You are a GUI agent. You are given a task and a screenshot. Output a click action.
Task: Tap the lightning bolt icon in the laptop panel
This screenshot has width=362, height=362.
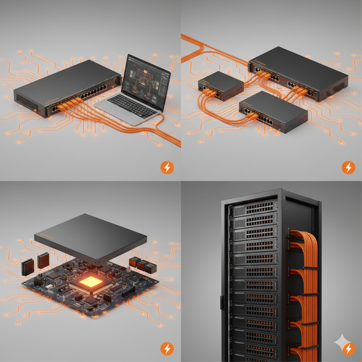click(x=167, y=167)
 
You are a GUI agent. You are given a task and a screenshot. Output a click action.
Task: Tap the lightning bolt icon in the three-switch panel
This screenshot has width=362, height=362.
click(x=348, y=167)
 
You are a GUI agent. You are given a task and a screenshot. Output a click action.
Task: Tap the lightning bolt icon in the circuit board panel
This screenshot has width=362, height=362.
click(x=167, y=349)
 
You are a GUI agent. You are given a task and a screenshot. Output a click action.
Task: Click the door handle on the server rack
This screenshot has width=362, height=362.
click(x=222, y=302)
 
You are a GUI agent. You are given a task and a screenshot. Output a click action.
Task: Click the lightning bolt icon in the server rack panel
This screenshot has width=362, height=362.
click(x=348, y=349)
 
